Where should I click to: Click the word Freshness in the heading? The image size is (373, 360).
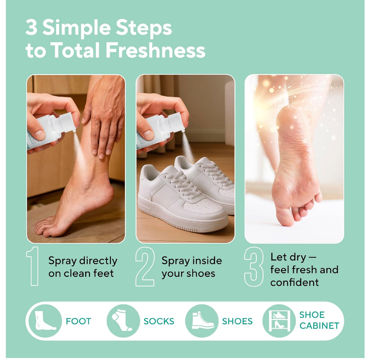click(x=156, y=50)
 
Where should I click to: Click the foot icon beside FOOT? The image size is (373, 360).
click(x=45, y=321)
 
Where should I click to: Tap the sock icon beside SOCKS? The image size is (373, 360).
click(x=123, y=321)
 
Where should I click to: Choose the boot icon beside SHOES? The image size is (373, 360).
click(x=201, y=321)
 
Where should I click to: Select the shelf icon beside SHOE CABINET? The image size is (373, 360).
click(x=279, y=321)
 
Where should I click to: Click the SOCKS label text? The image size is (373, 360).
click(x=159, y=321)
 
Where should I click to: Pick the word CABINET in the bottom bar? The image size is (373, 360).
click(x=319, y=326)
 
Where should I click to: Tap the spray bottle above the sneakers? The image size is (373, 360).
click(x=161, y=128)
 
